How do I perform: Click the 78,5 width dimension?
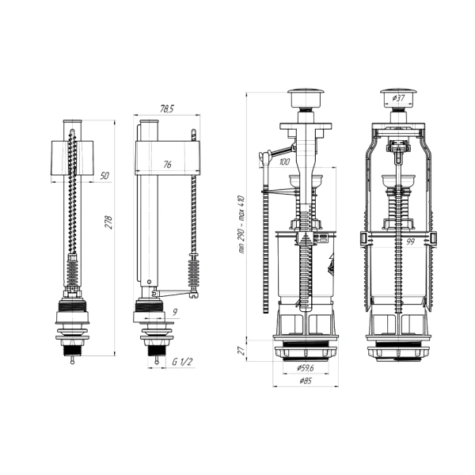click(166, 109)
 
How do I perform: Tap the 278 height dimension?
click(108, 222)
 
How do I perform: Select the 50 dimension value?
click(104, 176)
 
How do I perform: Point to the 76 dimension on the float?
click(167, 165)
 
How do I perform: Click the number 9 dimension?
click(175, 312)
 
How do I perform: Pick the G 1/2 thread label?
click(182, 362)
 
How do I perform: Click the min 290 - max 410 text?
click(241, 225)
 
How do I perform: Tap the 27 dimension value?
click(241, 351)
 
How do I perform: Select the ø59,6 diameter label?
click(306, 368)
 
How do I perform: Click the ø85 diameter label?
click(306, 381)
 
